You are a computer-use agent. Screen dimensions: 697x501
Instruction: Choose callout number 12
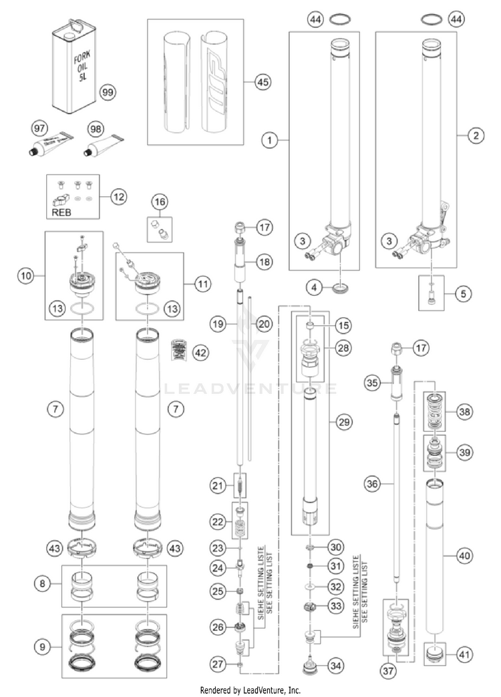pyautogui.click(x=119, y=196)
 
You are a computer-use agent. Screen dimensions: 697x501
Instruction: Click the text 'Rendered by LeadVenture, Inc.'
pyautogui.click(x=251, y=689)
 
